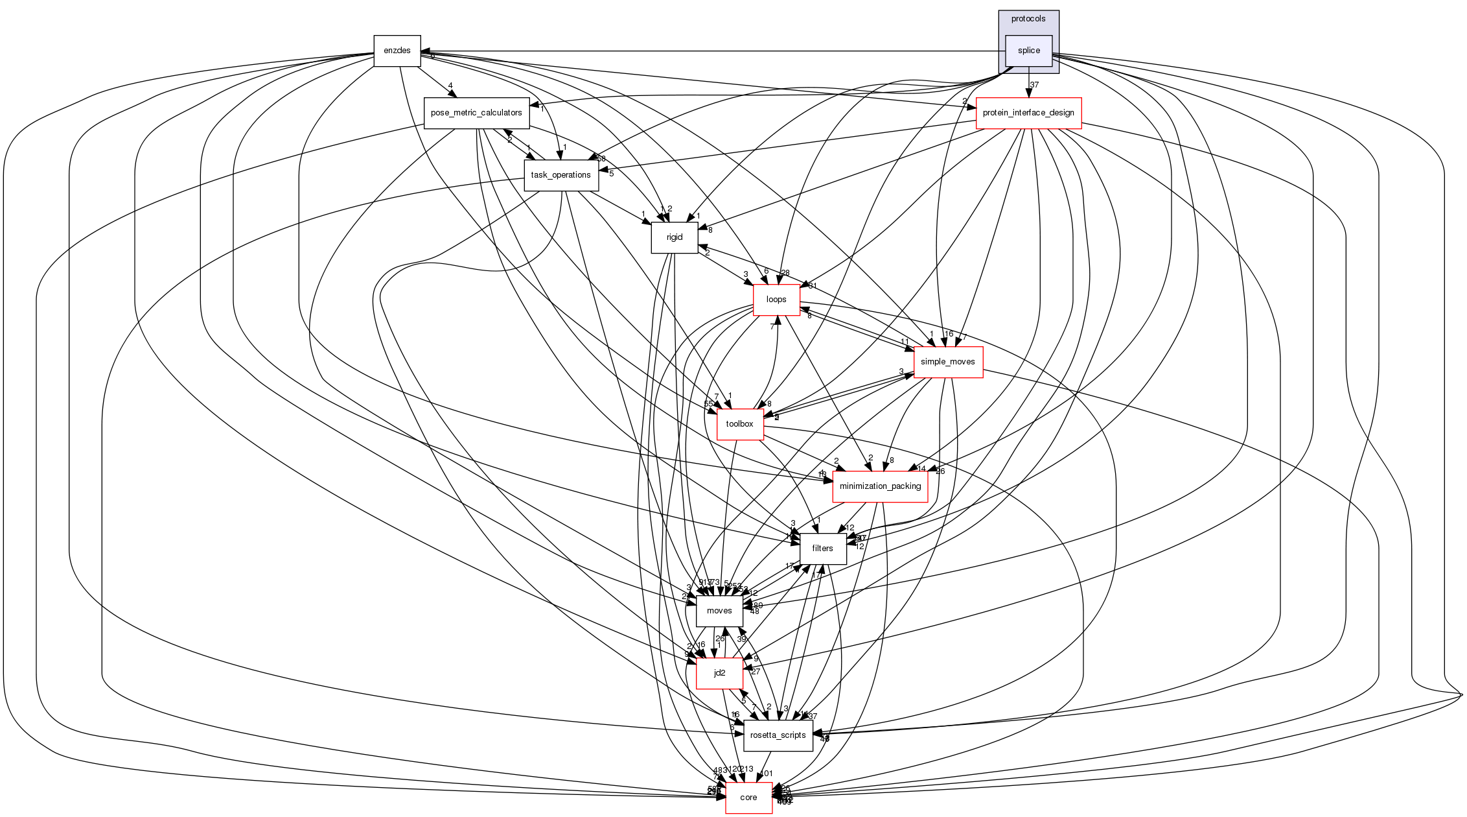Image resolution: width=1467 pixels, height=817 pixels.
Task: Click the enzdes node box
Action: point(397,51)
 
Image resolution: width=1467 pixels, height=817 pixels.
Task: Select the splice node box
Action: point(1028,51)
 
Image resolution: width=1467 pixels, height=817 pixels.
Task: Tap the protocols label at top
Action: point(1028,19)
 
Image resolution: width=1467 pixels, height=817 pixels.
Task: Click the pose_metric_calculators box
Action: point(476,113)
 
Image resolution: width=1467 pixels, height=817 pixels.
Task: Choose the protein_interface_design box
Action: point(1028,113)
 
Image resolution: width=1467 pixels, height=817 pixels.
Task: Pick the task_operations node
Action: point(560,175)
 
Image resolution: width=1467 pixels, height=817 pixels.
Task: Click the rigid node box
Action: point(674,237)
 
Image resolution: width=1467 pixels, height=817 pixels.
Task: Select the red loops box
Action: point(776,300)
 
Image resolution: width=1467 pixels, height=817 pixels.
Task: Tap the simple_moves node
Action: point(947,362)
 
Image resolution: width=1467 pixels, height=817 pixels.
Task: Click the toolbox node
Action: point(739,424)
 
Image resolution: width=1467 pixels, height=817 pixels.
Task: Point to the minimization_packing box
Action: point(879,486)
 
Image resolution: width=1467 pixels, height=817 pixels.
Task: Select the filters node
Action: point(822,549)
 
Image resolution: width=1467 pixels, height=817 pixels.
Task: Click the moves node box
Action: point(719,611)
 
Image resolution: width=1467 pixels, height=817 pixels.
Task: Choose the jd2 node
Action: point(719,673)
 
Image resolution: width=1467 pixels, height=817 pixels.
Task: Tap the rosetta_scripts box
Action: point(778,735)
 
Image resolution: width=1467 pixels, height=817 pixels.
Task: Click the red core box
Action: point(748,798)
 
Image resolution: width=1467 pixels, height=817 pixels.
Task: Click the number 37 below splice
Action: point(1034,85)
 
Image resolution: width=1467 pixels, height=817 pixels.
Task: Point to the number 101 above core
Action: point(767,774)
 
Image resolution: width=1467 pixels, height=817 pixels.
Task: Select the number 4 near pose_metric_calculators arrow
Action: point(450,86)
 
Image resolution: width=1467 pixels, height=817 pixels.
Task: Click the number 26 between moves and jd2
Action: point(719,639)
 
